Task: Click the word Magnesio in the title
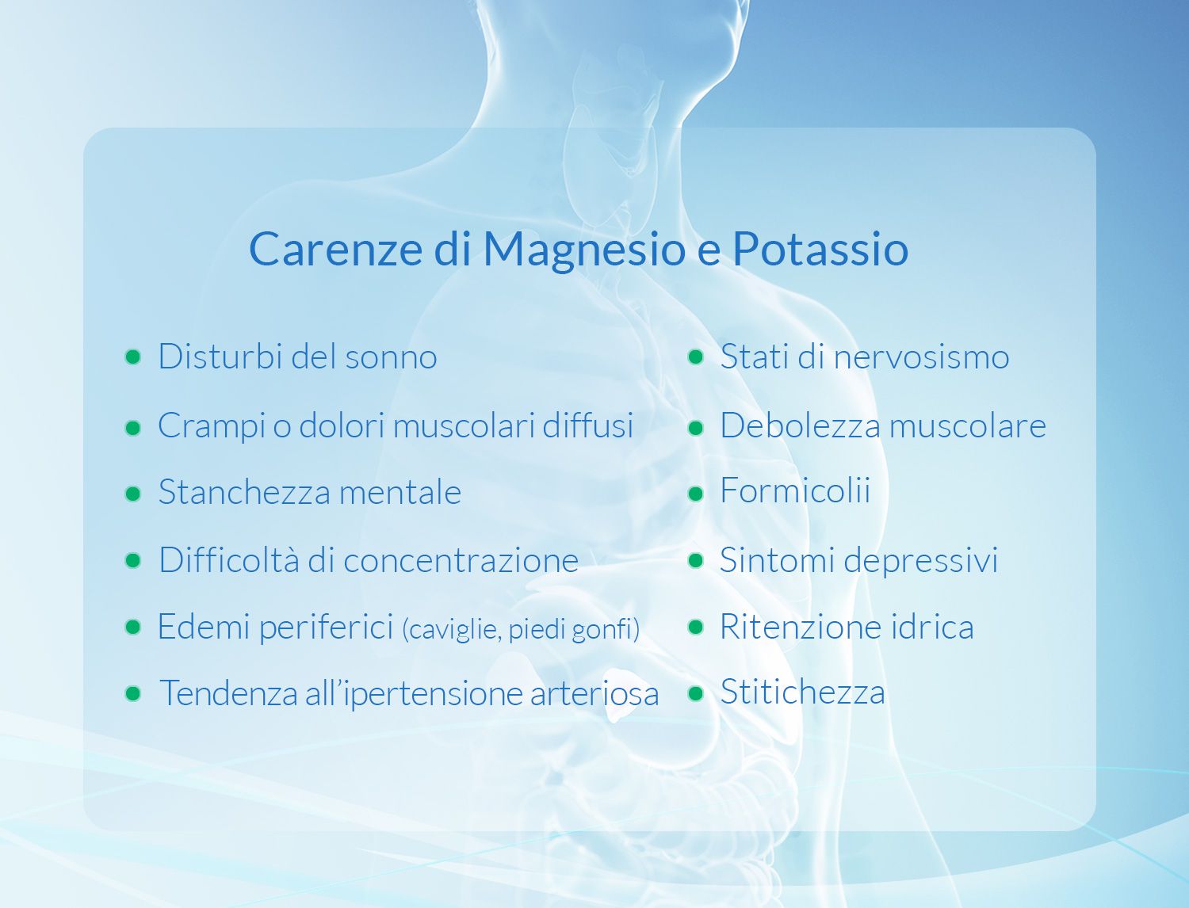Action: click(584, 250)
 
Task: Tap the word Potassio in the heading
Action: click(820, 249)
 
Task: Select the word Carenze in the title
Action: click(336, 249)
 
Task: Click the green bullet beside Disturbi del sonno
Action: click(132, 357)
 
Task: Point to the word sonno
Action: click(391, 358)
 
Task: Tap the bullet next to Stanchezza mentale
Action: click(132, 494)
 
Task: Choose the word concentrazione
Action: click(461, 561)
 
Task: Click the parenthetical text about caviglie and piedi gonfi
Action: click(521, 629)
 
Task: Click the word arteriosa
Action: click(594, 694)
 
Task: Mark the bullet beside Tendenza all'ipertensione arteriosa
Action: click(132, 693)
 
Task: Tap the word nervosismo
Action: click(921, 358)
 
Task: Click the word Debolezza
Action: click(801, 425)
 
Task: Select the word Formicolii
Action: click(795, 490)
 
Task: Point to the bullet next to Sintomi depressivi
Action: click(695, 560)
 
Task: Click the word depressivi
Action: click(921, 561)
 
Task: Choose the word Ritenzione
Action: click(801, 627)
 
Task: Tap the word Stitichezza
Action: click(802, 692)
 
